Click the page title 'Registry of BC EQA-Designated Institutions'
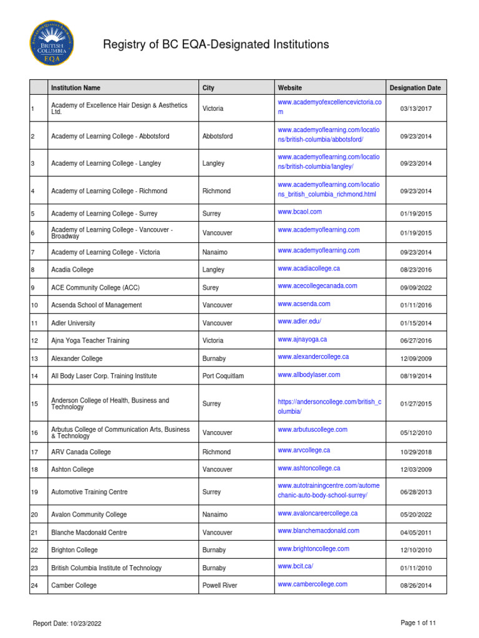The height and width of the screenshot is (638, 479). (x=215, y=44)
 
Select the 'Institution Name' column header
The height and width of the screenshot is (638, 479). (x=75, y=88)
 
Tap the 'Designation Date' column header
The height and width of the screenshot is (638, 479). (x=415, y=88)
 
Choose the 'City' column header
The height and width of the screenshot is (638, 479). (x=208, y=88)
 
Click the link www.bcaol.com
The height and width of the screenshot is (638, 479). (x=300, y=212)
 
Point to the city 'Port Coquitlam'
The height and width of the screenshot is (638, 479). (x=223, y=376)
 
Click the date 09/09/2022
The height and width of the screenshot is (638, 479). (x=415, y=288)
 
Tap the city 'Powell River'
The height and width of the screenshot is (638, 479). (x=220, y=586)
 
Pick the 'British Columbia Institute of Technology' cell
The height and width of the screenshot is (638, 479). (x=106, y=568)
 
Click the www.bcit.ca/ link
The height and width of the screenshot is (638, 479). (x=296, y=566)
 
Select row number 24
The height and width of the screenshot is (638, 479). (x=34, y=586)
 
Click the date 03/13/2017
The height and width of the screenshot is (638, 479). (x=415, y=109)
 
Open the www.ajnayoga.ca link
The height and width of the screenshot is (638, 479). (x=302, y=339)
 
